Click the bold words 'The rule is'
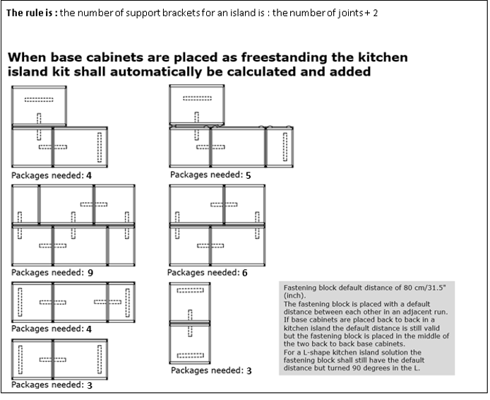(32, 13)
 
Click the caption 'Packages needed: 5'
(210, 174)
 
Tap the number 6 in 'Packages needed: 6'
(244, 272)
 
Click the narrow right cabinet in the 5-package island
(278, 148)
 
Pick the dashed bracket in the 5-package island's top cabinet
(200, 98)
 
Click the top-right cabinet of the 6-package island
(244, 204)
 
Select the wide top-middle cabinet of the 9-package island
(67, 204)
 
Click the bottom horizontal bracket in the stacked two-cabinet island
(190, 355)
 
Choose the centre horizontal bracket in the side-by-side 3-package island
(52, 359)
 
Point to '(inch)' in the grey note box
(294, 296)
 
